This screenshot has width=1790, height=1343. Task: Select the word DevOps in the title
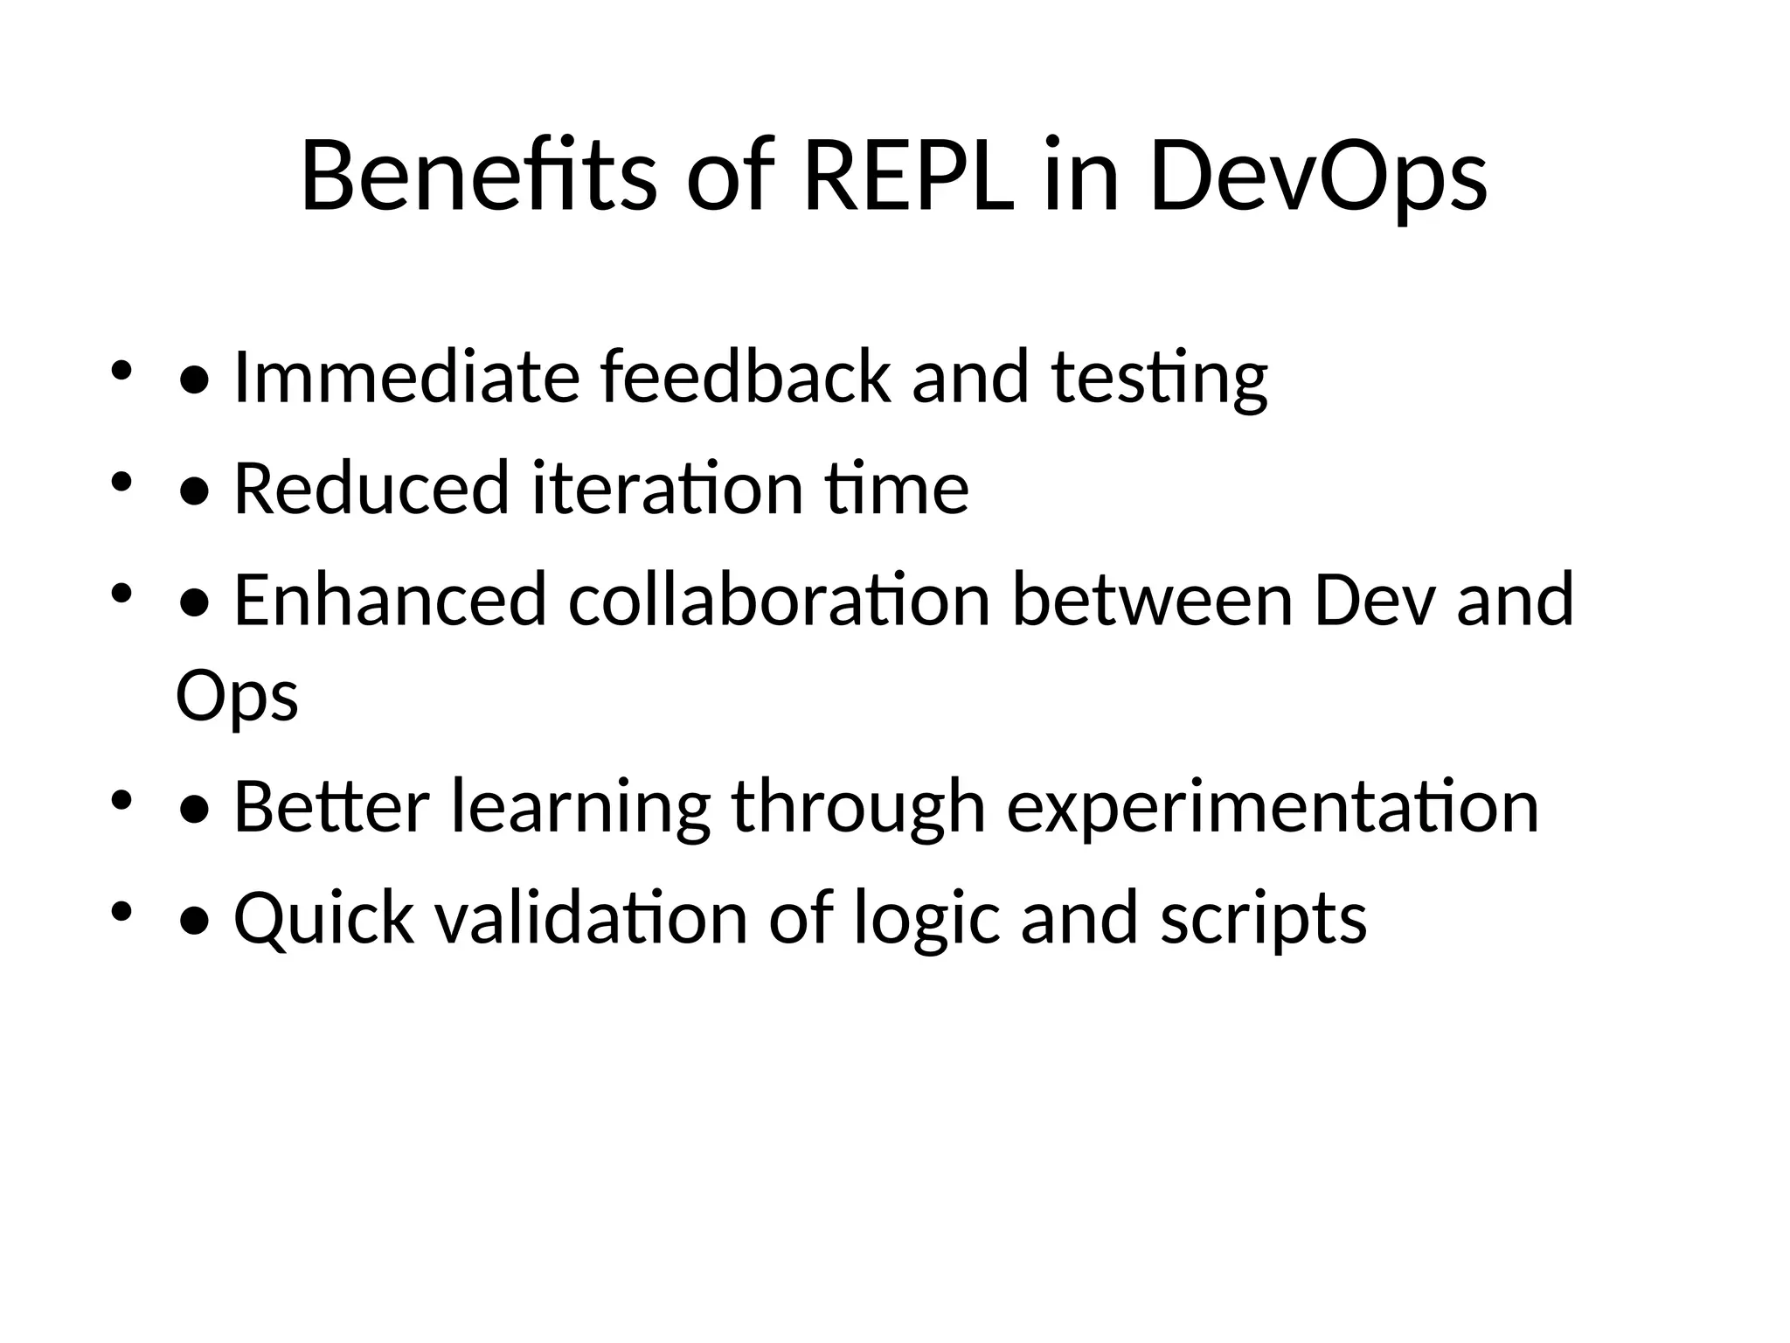click(x=1318, y=177)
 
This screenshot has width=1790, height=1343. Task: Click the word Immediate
click(x=406, y=377)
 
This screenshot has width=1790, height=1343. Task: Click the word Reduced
click(x=371, y=488)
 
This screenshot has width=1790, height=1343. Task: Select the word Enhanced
click(x=390, y=600)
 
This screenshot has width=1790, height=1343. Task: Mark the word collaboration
click(x=780, y=600)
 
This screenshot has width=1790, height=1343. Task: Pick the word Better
click(x=332, y=806)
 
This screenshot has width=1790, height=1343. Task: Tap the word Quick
click(x=323, y=918)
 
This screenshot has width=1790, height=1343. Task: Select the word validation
click(x=592, y=917)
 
